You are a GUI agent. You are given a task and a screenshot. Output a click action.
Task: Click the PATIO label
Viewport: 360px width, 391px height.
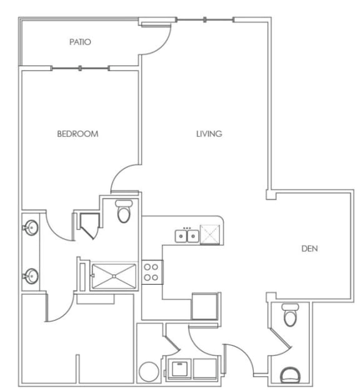(80, 42)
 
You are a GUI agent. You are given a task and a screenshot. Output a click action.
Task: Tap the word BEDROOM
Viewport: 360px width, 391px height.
(77, 134)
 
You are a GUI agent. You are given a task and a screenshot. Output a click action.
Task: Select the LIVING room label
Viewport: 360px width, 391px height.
(209, 134)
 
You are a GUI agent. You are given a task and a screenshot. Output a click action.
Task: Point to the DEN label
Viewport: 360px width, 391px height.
(310, 249)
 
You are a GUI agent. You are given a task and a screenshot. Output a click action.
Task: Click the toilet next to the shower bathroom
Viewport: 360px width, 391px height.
(124, 212)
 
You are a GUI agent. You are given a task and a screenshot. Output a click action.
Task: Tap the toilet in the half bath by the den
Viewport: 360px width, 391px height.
(289, 316)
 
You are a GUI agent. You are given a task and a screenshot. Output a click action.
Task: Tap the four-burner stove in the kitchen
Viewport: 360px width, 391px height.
(151, 272)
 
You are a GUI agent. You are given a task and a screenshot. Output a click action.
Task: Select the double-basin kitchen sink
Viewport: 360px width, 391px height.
(187, 235)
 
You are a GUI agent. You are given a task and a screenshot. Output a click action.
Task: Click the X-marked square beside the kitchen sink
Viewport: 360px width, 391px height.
(211, 235)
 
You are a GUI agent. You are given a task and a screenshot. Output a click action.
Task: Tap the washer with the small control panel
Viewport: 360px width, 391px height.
(179, 368)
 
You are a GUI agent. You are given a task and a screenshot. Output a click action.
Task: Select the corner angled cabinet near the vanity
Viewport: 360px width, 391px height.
(87, 224)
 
